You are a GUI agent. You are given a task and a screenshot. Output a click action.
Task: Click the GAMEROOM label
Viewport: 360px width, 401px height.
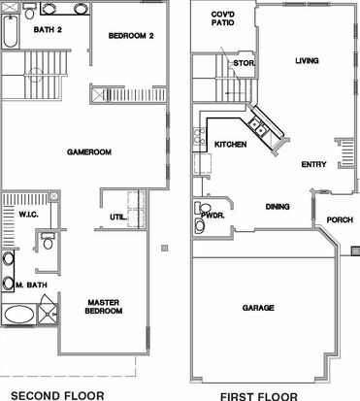click(x=89, y=151)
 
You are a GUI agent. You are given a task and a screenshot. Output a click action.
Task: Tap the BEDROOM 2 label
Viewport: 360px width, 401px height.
click(x=131, y=36)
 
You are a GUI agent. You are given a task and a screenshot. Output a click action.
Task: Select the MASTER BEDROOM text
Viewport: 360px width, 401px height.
click(x=104, y=307)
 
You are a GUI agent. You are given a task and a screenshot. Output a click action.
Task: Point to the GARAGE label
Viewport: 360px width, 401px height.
click(x=258, y=308)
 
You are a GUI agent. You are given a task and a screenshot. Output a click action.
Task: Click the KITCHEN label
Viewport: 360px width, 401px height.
click(x=231, y=145)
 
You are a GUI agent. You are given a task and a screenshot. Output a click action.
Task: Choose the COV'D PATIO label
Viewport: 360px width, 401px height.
click(x=223, y=18)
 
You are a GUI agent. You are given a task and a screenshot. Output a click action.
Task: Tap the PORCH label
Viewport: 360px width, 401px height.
click(x=340, y=220)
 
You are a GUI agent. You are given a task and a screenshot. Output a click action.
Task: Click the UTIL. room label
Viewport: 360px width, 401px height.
click(x=118, y=217)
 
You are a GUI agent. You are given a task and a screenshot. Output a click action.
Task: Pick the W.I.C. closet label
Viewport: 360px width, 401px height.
click(x=28, y=215)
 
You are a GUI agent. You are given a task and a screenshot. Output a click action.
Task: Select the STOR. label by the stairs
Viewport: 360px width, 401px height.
click(x=245, y=63)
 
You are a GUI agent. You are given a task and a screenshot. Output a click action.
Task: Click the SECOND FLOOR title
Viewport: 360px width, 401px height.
click(x=57, y=395)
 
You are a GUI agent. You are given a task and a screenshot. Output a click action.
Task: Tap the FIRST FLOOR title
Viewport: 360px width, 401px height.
click(x=259, y=396)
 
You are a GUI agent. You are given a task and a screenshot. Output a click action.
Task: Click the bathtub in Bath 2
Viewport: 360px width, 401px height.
click(x=11, y=31)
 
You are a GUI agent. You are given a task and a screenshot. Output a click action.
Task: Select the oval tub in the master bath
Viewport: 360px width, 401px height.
click(x=19, y=315)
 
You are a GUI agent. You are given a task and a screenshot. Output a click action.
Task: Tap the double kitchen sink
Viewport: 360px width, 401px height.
click(x=257, y=126)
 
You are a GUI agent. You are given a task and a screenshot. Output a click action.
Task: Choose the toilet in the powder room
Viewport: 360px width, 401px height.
click(x=203, y=208)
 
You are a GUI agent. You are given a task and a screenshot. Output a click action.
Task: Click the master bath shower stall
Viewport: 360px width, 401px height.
click(x=48, y=314)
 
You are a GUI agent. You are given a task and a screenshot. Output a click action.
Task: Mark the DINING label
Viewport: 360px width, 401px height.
click(x=278, y=207)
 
